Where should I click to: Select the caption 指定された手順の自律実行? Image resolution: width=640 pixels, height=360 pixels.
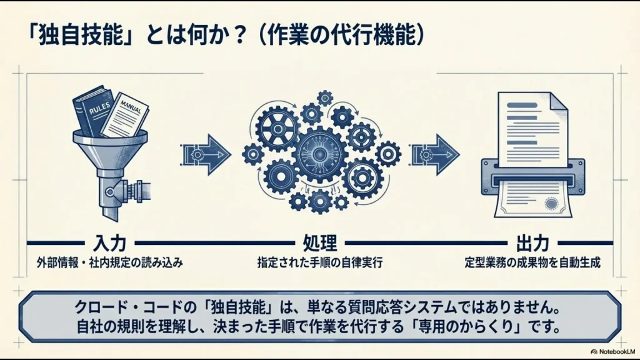point(320,263)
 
